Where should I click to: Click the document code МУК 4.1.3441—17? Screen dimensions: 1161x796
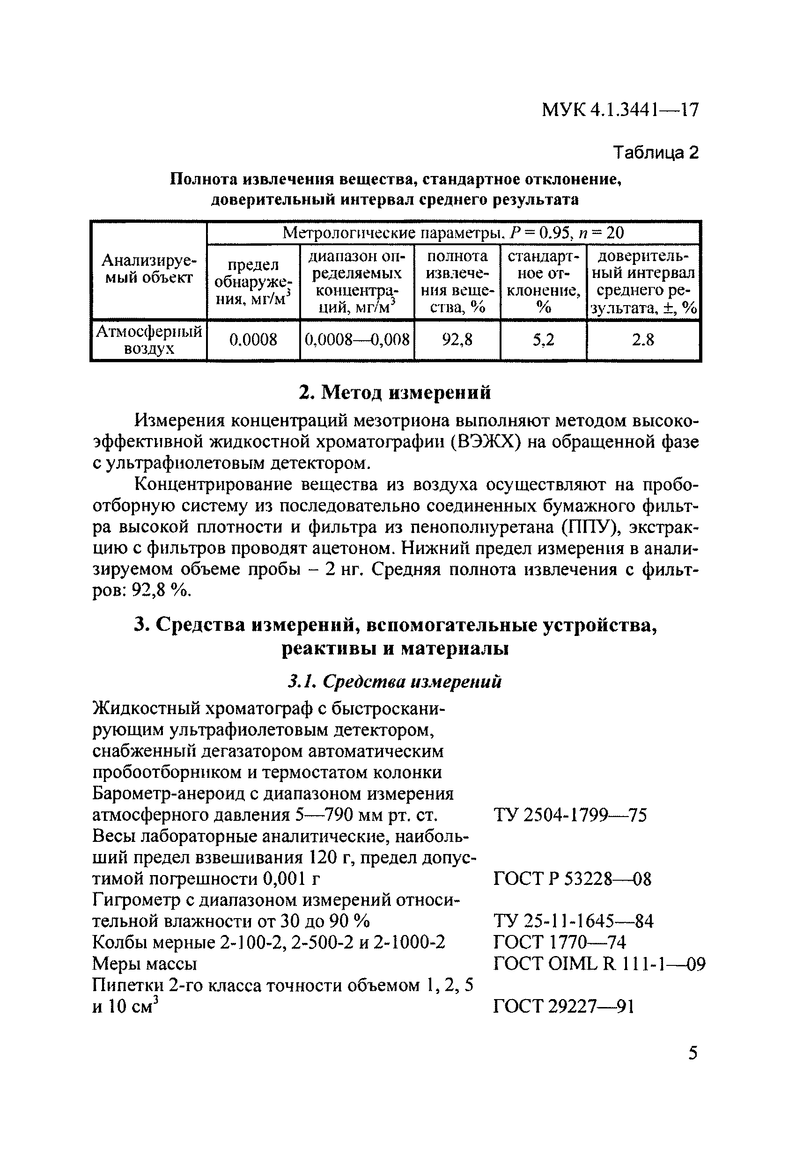[619, 110]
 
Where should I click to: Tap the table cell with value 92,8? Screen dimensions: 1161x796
[457, 340]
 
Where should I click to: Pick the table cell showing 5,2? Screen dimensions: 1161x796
[543, 340]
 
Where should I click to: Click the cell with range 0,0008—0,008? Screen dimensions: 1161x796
[357, 340]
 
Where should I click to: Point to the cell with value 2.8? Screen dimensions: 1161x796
[642, 340]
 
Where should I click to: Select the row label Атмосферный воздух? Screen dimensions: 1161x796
[148, 340]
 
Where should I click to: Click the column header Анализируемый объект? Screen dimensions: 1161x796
[148, 269]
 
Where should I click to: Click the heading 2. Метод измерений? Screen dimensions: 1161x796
[395, 393]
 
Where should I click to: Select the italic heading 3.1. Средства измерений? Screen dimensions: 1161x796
[395, 681]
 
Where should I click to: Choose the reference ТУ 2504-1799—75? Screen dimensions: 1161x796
[569, 816]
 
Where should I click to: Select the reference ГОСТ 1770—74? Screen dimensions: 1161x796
[560, 942]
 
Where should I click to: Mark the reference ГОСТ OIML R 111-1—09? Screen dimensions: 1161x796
[599, 964]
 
